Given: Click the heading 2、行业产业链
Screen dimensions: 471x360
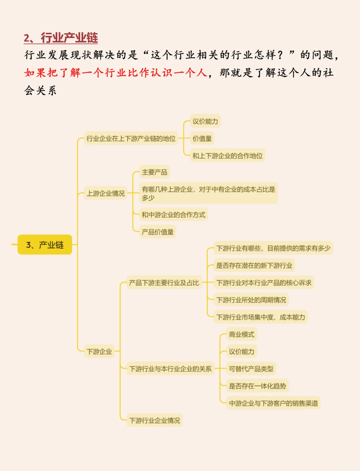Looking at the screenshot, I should (x=61, y=38).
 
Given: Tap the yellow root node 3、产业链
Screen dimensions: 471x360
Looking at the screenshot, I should (x=45, y=245).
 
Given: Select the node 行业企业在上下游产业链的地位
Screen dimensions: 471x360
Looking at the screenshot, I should (x=131, y=139).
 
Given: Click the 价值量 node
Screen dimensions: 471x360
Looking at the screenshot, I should (x=202, y=139).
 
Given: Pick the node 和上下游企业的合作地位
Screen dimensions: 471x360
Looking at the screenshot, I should (x=227, y=156).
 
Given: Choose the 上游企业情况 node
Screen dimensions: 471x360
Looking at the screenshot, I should (x=106, y=193).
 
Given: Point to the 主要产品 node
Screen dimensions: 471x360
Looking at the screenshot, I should (x=154, y=172).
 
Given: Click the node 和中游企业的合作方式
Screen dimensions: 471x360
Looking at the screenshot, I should (x=173, y=215).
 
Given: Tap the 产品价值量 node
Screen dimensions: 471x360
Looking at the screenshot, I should (x=158, y=232).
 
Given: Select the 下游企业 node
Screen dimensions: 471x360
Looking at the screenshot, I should (x=99, y=351).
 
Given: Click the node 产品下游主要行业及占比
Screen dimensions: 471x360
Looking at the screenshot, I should (x=164, y=283).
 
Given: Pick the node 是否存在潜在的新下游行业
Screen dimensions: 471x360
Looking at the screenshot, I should (x=254, y=265).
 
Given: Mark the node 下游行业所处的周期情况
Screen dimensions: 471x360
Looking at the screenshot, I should (x=251, y=300).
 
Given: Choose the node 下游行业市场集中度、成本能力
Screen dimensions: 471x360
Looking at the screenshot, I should (x=261, y=317).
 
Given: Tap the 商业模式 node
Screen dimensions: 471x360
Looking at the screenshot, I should (x=241, y=334).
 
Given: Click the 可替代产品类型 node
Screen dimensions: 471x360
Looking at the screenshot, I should (x=251, y=369).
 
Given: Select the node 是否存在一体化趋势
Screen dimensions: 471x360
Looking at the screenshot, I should (x=257, y=386).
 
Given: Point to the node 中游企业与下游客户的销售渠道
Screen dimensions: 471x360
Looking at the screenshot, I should (x=273, y=403).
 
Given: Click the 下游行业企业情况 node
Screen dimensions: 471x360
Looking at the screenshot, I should (x=154, y=420).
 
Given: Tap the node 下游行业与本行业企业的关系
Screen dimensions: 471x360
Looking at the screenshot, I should (x=170, y=369).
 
